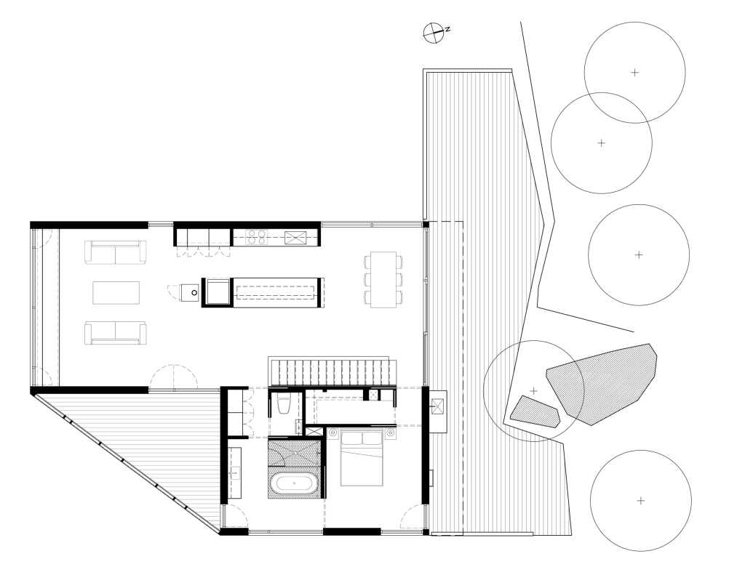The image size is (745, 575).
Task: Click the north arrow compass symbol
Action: pyautogui.click(x=434, y=32)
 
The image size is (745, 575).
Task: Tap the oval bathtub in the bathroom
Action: pyautogui.click(x=295, y=484)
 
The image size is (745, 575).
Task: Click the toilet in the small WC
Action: pyautogui.click(x=284, y=405)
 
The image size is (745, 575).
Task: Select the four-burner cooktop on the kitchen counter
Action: pyautogui.click(x=257, y=237)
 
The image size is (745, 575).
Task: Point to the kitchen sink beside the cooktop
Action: pyautogui.click(x=295, y=238)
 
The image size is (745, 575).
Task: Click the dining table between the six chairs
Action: pyautogui.click(x=383, y=280)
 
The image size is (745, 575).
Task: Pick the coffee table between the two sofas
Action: pyautogui.click(x=116, y=292)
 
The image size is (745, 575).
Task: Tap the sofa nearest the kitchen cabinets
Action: pyautogui.click(x=116, y=252)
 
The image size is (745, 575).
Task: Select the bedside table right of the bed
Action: pyautogui.click(x=390, y=433)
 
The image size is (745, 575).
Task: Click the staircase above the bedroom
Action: pyautogui.click(x=332, y=371)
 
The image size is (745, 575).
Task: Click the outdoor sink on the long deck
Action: pyautogui.click(x=438, y=405)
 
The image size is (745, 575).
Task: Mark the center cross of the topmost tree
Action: pyautogui.click(x=634, y=73)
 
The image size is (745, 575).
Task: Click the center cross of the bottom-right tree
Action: pyautogui.click(x=641, y=500)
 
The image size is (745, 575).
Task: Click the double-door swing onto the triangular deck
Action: pyautogui.click(x=174, y=377)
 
